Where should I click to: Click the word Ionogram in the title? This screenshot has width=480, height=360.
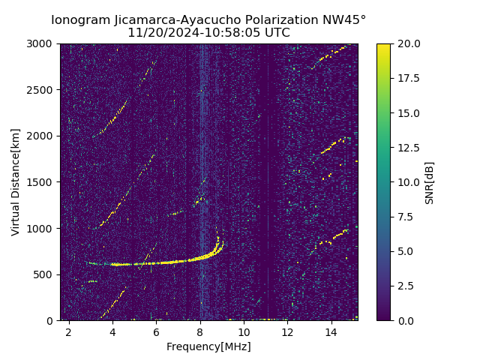pyautogui.click(x=79, y=20)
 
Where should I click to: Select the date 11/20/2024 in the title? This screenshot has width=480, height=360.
pyautogui.click(x=159, y=33)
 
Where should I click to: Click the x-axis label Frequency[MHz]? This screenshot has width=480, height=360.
pyautogui.click(x=208, y=346)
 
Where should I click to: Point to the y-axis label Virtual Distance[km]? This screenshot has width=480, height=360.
pyautogui.click(x=16, y=182)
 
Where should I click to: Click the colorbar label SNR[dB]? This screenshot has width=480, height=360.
pyautogui.click(x=430, y=182)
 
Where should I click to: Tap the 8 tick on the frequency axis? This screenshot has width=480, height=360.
pyautogui.click(x=200, y=331)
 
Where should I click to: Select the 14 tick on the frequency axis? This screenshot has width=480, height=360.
pyautogui.click(x=331, y=331)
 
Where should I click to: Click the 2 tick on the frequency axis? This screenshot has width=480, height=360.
pyautogui.click(x=69, y=331)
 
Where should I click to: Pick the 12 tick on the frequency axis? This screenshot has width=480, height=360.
pyautogui.click(x=287, y=331)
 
